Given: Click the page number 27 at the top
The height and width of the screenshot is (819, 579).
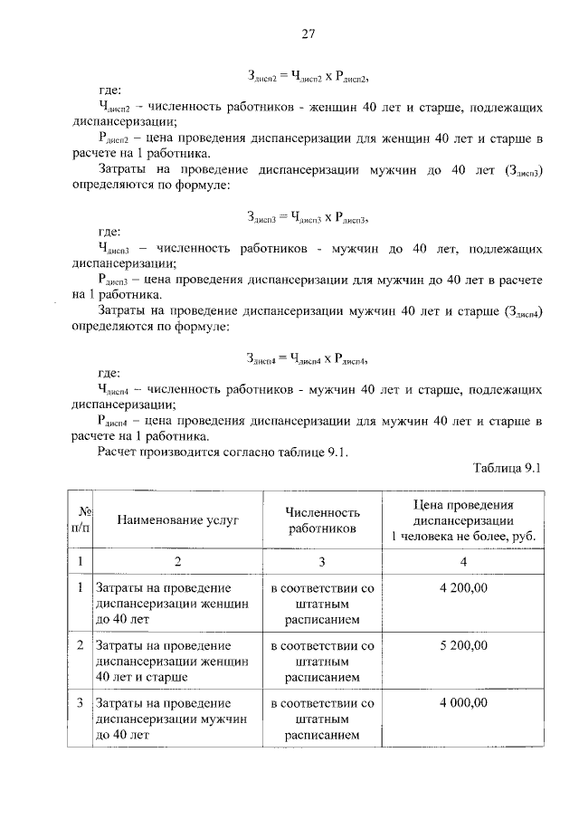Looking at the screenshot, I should [307, 34].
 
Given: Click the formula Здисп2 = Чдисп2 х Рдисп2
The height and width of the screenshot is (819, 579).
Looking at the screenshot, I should [308, 75].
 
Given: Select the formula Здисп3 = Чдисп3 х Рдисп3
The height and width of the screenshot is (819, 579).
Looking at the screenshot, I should [308, 217].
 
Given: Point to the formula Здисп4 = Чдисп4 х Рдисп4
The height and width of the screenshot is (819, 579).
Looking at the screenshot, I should [308, 358].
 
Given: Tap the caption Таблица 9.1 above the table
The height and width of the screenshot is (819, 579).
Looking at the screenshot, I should [508, 467].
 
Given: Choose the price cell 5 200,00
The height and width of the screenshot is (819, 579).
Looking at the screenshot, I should [463, 645].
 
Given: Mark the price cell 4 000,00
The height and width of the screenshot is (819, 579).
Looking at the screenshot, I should [463, 702].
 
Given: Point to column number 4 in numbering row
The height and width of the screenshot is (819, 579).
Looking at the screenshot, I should [463, 561].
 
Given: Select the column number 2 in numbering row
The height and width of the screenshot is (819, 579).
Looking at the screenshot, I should [177, 561].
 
